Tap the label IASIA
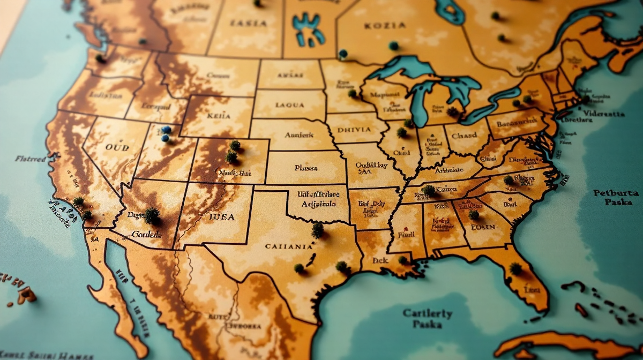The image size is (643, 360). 248,23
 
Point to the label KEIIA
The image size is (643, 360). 219,116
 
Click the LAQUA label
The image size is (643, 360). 290,106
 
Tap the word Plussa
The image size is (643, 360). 305,168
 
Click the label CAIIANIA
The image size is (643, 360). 289,247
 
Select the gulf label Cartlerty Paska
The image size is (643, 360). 428,319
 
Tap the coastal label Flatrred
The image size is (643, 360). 31,159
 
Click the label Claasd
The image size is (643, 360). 464,136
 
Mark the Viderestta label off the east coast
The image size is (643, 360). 604,114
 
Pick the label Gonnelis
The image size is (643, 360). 146,234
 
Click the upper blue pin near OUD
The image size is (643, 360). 167,130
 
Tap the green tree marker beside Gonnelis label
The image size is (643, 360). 152,215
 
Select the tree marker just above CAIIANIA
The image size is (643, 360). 318,229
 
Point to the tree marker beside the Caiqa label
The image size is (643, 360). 429,190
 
